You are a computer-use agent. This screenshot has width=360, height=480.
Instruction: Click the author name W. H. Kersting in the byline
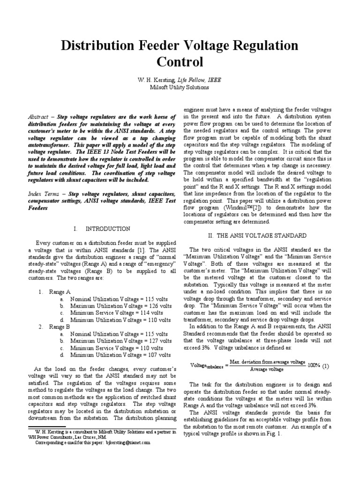coord(155,80)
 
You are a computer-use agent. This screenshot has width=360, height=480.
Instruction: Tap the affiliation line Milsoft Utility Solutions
coord(180,87)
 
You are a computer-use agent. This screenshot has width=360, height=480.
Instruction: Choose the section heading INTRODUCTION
coord(108,229)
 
